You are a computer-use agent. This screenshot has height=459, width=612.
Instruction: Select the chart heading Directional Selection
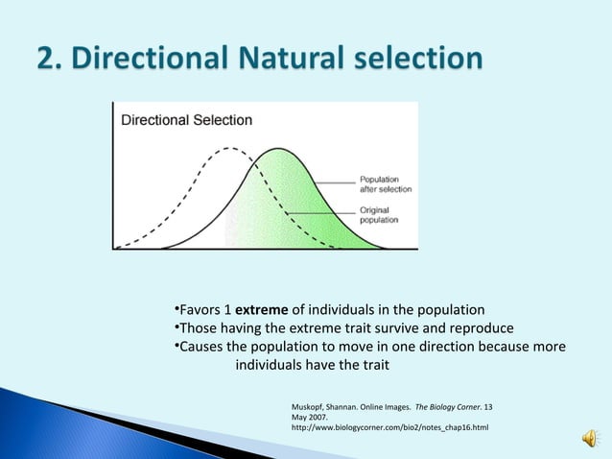pos(186,121)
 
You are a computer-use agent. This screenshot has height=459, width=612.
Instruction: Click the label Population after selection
pos(385,184)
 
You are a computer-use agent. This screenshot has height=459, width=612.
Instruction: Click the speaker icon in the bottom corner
pos(586,440)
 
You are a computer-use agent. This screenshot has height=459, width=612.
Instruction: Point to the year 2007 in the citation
pos(315,416)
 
